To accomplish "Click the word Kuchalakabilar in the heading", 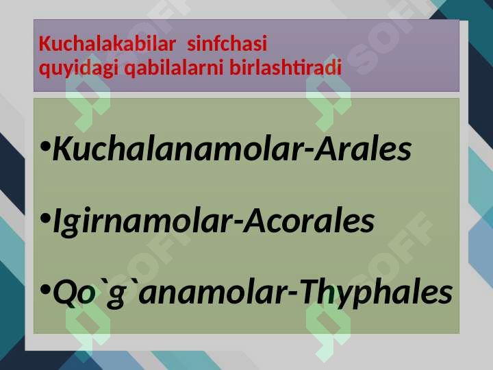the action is [x=108, y=43].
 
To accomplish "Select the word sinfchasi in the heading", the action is [x=227, y=43].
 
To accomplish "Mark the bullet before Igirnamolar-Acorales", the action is [x=46, y=218].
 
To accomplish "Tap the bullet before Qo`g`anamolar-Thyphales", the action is [x=46, y=289].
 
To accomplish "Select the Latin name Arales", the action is [x=362, y=149].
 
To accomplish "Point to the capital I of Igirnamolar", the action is [x=58, y=221].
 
